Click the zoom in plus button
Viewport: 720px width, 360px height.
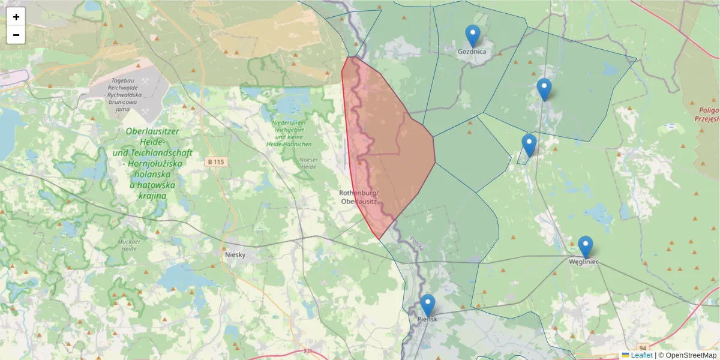(16, 17)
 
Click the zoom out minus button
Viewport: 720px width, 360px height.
(16, 35)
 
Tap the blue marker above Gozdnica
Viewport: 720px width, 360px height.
(473, 35)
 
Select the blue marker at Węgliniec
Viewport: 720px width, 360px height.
(586, 247)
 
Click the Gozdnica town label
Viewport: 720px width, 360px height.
(472, 52)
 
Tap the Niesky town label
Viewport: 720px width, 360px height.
(236, 254)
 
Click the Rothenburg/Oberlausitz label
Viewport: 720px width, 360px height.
(359, 197)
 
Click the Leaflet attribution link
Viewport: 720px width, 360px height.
(641, 355)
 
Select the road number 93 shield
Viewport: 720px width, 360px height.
(307, 351)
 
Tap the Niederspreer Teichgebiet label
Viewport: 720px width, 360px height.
(289, 133)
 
